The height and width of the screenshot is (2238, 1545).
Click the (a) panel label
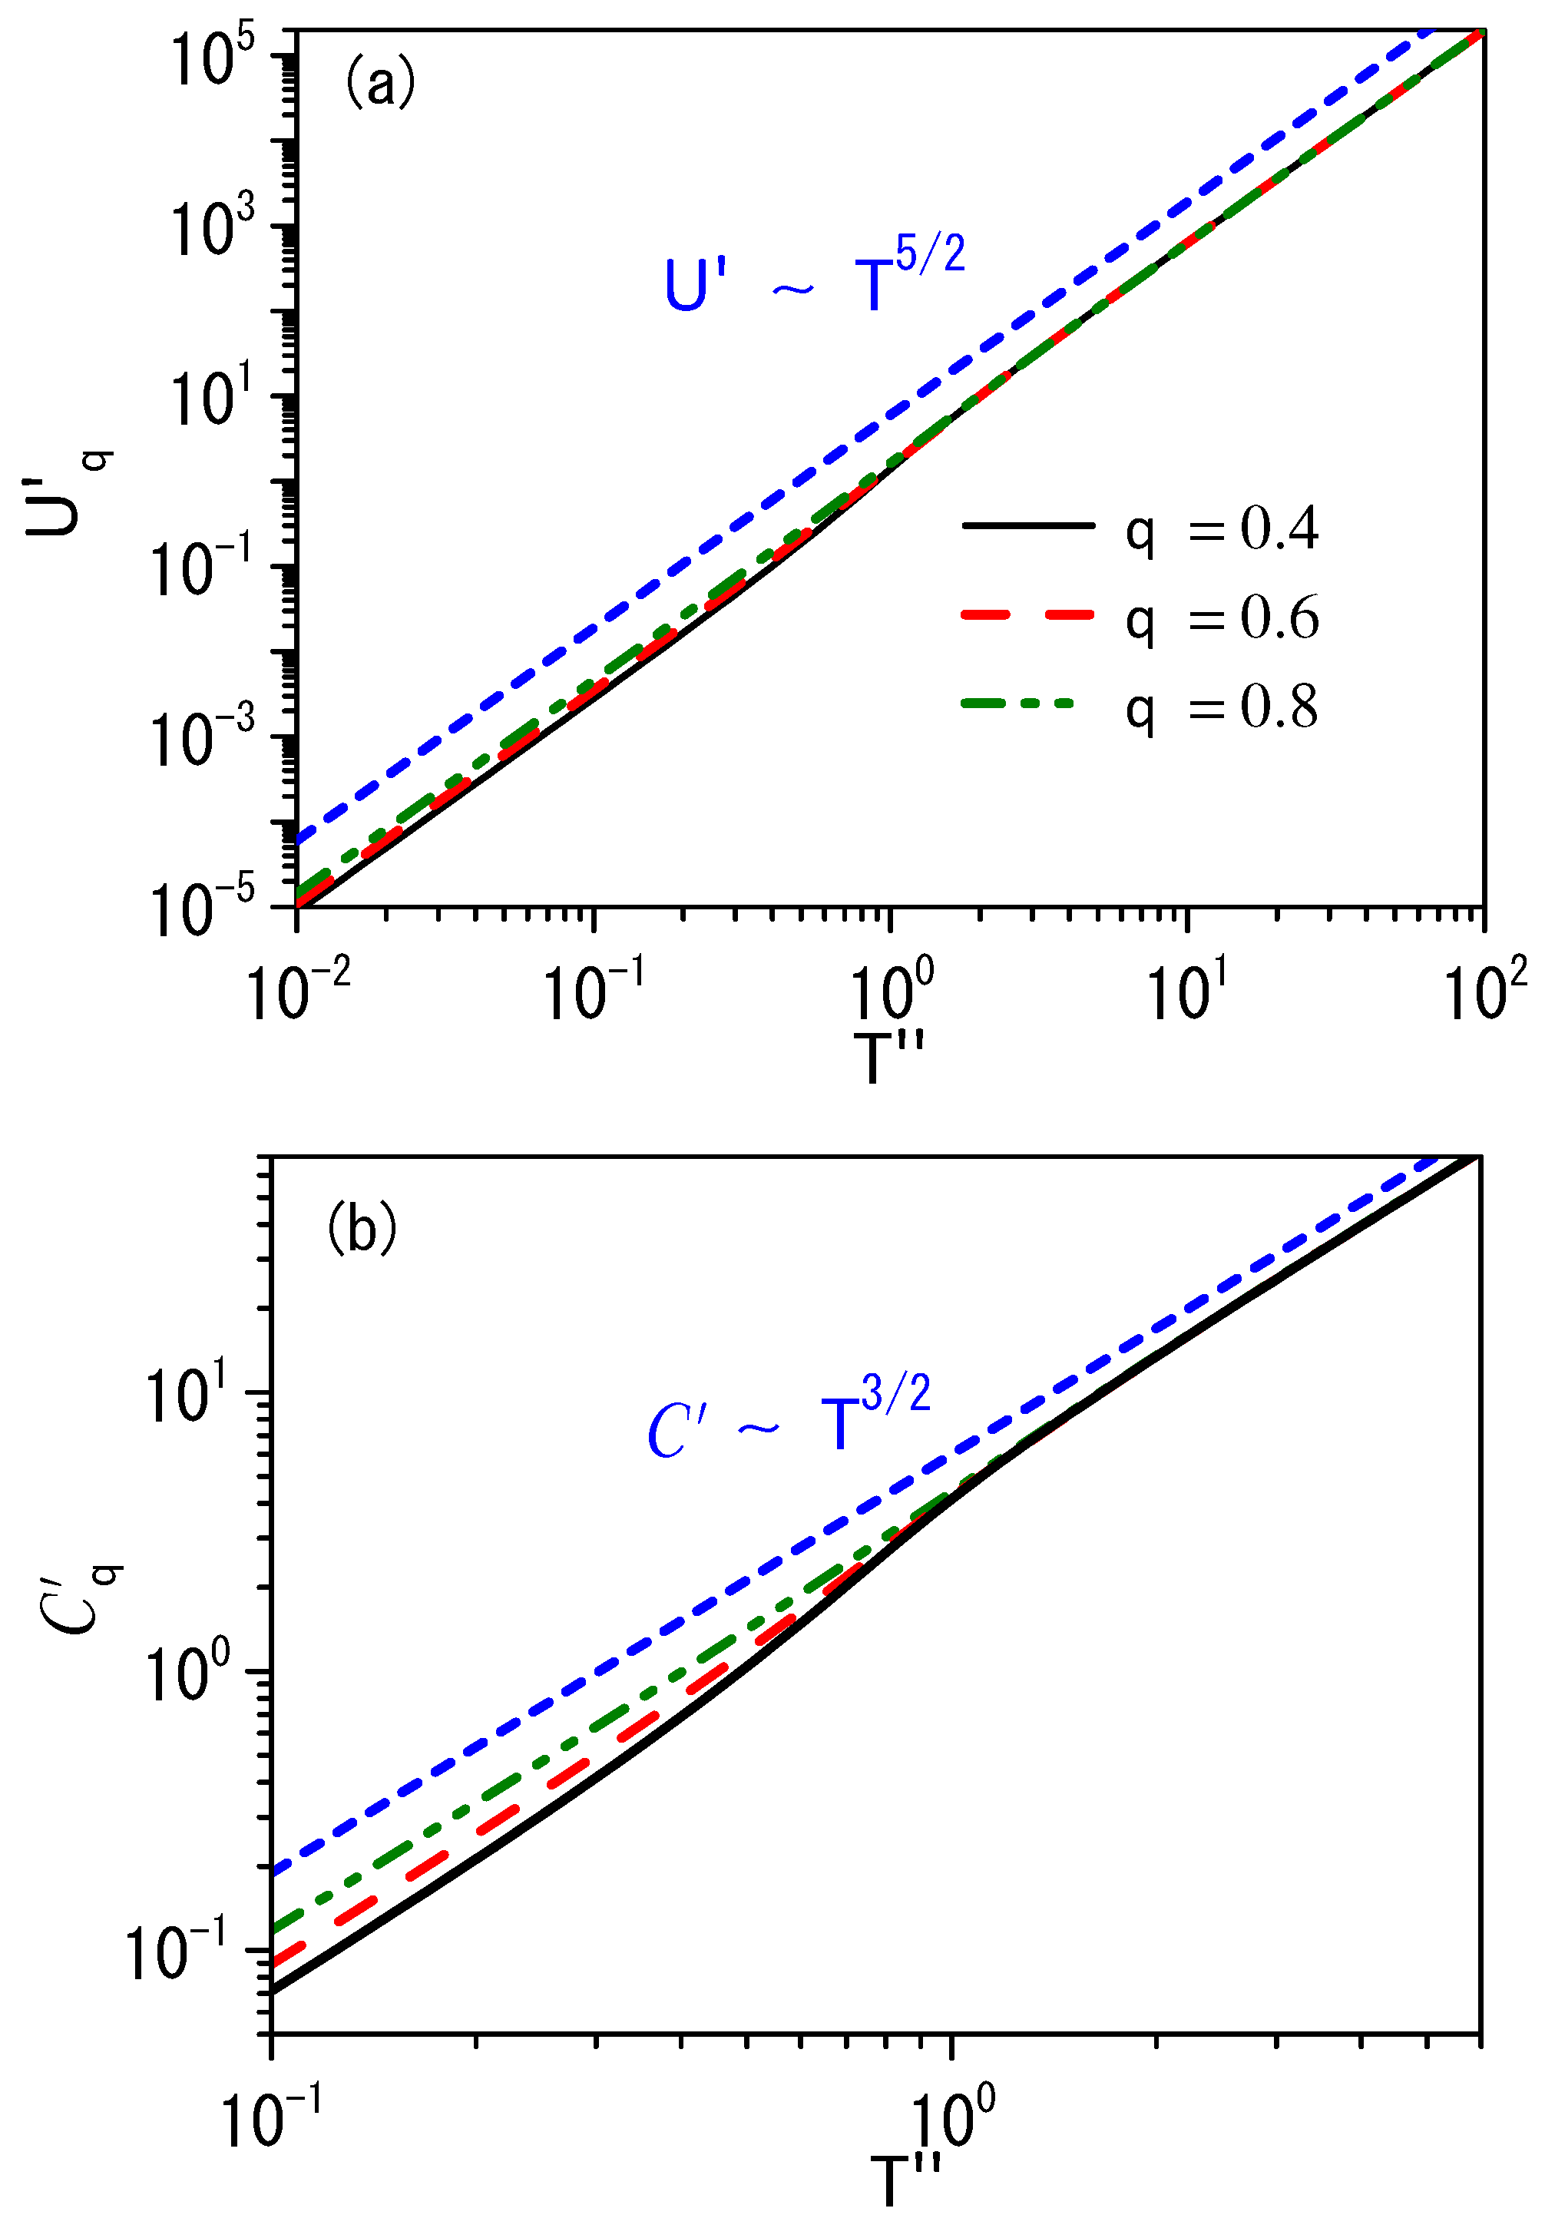(379, 81)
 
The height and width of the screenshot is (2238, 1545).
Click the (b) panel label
(361, 1228)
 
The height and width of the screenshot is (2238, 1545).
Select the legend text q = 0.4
(1222, 529)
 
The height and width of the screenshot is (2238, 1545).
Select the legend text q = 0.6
(1222, 618)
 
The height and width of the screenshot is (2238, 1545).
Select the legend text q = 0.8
(1222, 707)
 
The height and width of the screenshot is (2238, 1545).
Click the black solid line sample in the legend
(1027, 525)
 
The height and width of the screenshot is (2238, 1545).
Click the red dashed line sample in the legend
(1027, 614)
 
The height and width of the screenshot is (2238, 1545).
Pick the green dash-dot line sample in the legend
(1018, 704)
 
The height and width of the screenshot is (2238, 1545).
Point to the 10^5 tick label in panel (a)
(212, 58)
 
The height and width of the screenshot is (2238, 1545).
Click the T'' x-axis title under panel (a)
(888, 1058)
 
